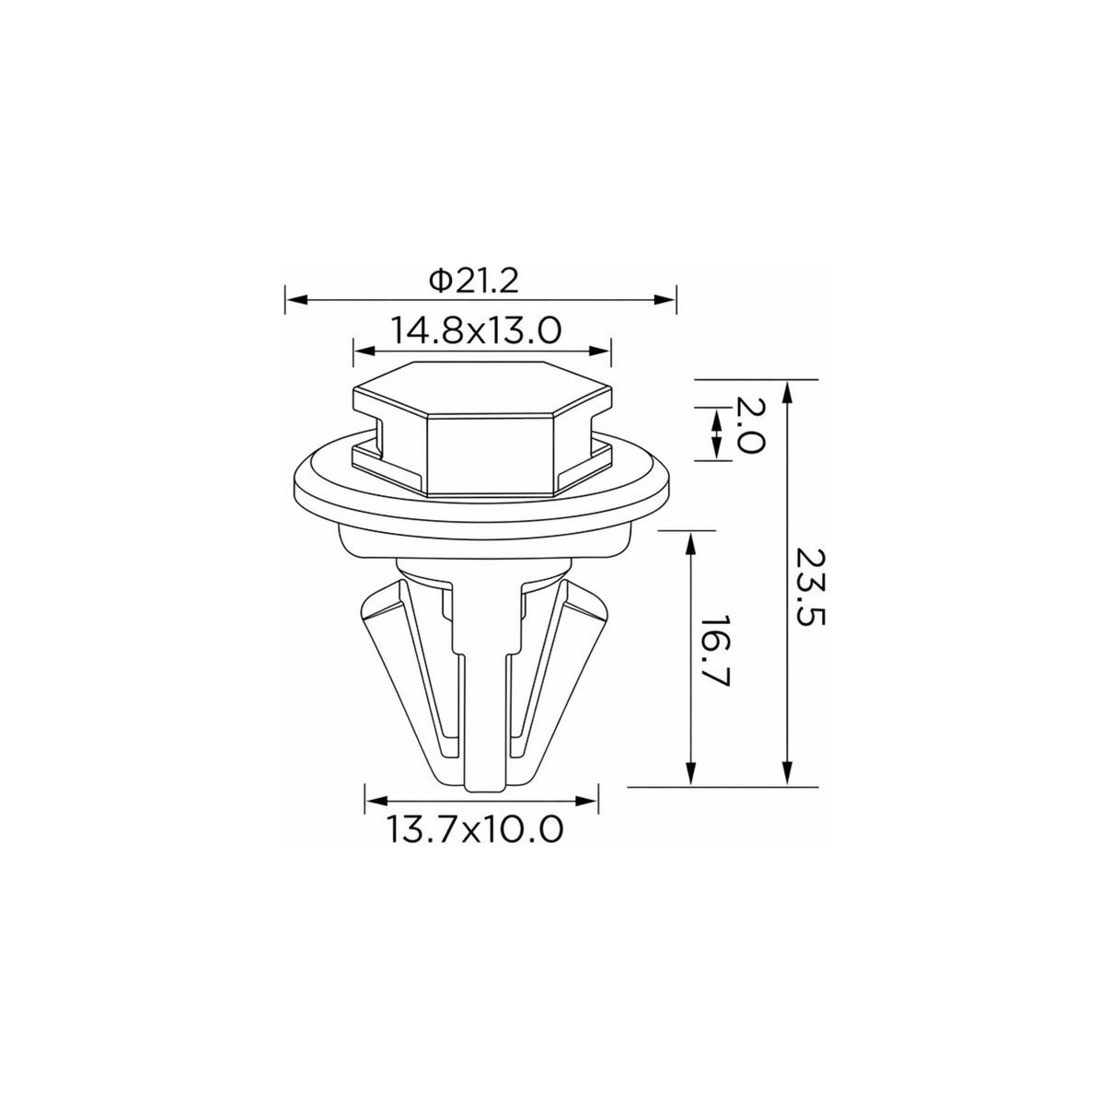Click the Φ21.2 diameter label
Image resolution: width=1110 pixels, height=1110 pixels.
pos(473,281)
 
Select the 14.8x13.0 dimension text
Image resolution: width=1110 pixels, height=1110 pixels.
pos(476,330)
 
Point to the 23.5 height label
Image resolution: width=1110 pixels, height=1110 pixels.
pos(811,586)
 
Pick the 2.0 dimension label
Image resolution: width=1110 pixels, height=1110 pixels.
pos(750,425)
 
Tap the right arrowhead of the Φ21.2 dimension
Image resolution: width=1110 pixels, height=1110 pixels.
pos(665,299)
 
